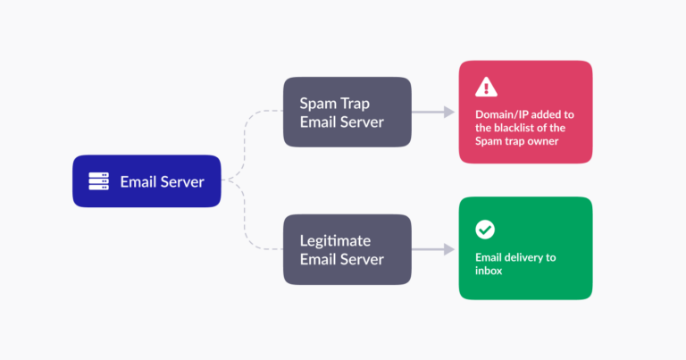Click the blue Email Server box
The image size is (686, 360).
pos(146,181)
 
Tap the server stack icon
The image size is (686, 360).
pos(98,181)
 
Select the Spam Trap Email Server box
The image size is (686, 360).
pos(347,112)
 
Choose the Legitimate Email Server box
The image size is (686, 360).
pos(347,249)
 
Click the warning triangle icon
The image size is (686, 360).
pos(485,87)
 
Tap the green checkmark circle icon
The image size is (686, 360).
pos(485,230)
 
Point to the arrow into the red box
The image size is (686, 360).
pos(436,112)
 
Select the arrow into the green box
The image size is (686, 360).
pos(436,249)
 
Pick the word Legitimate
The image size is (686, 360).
pos(336,240)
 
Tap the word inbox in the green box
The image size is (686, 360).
pos(489,270)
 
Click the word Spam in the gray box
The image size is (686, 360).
pos(318,102)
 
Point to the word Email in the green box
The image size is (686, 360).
pos(489,257)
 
